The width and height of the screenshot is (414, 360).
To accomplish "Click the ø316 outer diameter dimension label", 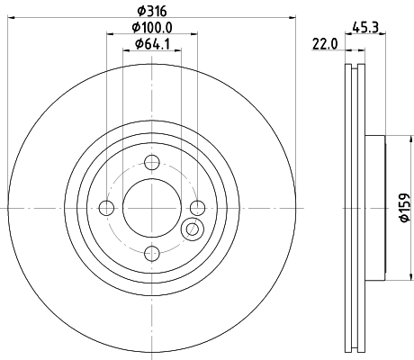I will (x=150, y=10).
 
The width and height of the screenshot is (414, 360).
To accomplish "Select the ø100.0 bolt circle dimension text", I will (x=148, y=27).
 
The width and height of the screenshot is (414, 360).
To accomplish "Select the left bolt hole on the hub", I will (x=107, y=208).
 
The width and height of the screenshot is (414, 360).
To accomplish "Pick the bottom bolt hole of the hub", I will (x=151, y=253).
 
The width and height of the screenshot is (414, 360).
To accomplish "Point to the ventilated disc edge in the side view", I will (x=353, y=208).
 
